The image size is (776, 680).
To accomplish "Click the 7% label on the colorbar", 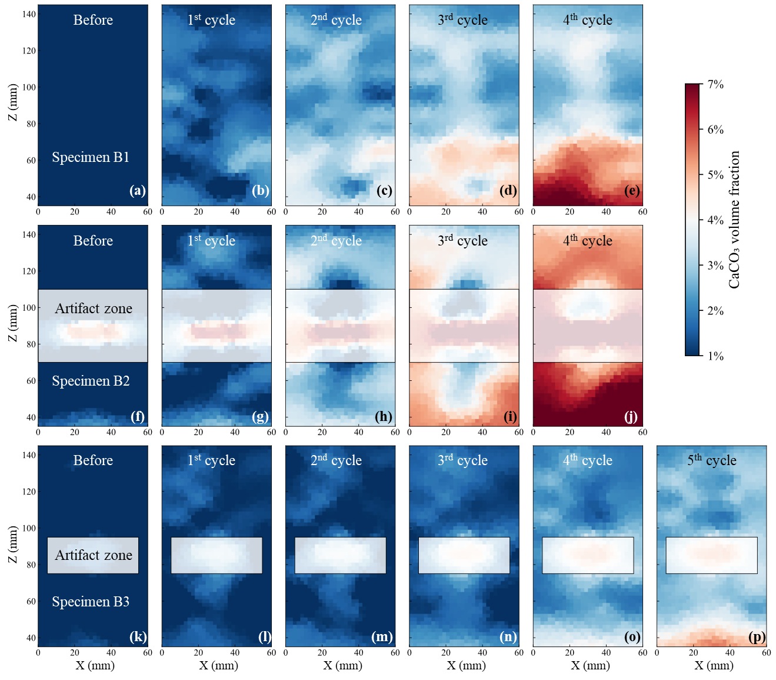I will tap(715, 84).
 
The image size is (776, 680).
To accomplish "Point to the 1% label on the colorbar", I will tap(715, 356).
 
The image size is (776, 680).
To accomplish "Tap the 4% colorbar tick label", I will tap(715, 220).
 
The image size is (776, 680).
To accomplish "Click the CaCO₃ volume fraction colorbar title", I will tap(734, 220).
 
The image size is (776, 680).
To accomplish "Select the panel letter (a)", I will tap(138, 191).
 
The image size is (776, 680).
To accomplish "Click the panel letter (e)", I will tap(632, 191).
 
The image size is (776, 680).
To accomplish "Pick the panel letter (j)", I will tap(631, 417).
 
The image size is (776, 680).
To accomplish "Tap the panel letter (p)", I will tap(757, 637).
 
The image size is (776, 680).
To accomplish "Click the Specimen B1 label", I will tap(91, 157).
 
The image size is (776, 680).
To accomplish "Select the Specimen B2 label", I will tap(91, 381).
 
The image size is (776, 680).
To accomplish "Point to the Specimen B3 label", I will tap(91, 602).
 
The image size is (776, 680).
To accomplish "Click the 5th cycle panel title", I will tap(712, 460).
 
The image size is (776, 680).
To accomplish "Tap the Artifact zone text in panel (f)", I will tap(94, 309).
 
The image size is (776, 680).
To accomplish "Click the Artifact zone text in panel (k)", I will tap(94, 555).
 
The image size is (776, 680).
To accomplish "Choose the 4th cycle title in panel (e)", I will tap(588, 20).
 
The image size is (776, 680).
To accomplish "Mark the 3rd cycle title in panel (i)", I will tap(463, 241).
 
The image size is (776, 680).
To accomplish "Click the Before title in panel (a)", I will tap(93, 20).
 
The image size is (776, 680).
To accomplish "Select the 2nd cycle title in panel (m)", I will tap(336, 460).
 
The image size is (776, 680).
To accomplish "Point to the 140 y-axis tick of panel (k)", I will tap(29, 455).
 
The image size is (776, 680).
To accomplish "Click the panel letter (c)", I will tap(384, 191).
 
